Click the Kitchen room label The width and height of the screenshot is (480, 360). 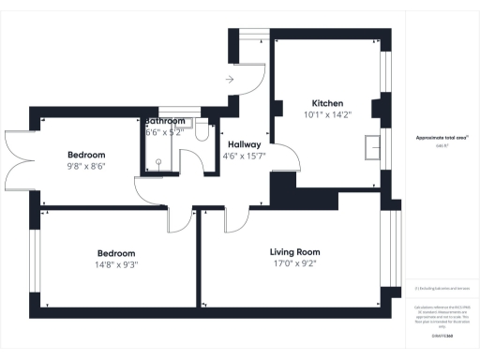click(x=327, y=103)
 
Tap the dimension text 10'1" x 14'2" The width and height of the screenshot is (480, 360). click(x=327, y=116)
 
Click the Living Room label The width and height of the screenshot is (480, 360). click(x=295, y=252)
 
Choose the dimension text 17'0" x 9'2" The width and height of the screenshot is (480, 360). click(x=295, y=264)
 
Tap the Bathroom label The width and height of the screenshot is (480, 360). click(x=166, y=122)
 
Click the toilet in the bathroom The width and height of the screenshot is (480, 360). click(x=201, y=131)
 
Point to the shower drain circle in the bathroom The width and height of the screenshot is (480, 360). click(x=159, y=161)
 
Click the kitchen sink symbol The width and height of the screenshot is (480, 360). click(x=373, y=145)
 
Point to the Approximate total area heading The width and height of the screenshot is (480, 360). click(x=442, y=138)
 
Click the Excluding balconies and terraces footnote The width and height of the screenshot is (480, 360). click(x=442, y=289)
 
